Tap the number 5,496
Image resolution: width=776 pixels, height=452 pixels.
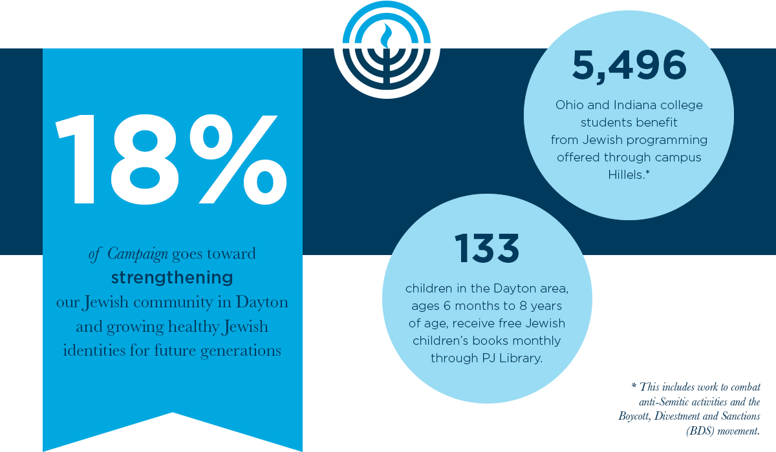pos(629,66)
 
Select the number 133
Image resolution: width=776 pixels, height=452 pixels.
pos(486,249)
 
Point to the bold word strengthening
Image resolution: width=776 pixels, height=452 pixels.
pos(172,278)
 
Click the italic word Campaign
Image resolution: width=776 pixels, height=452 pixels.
pos(138,254)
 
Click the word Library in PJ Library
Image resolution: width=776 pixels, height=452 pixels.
pos(519,357)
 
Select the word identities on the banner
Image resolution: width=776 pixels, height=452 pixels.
pos(91,351)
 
